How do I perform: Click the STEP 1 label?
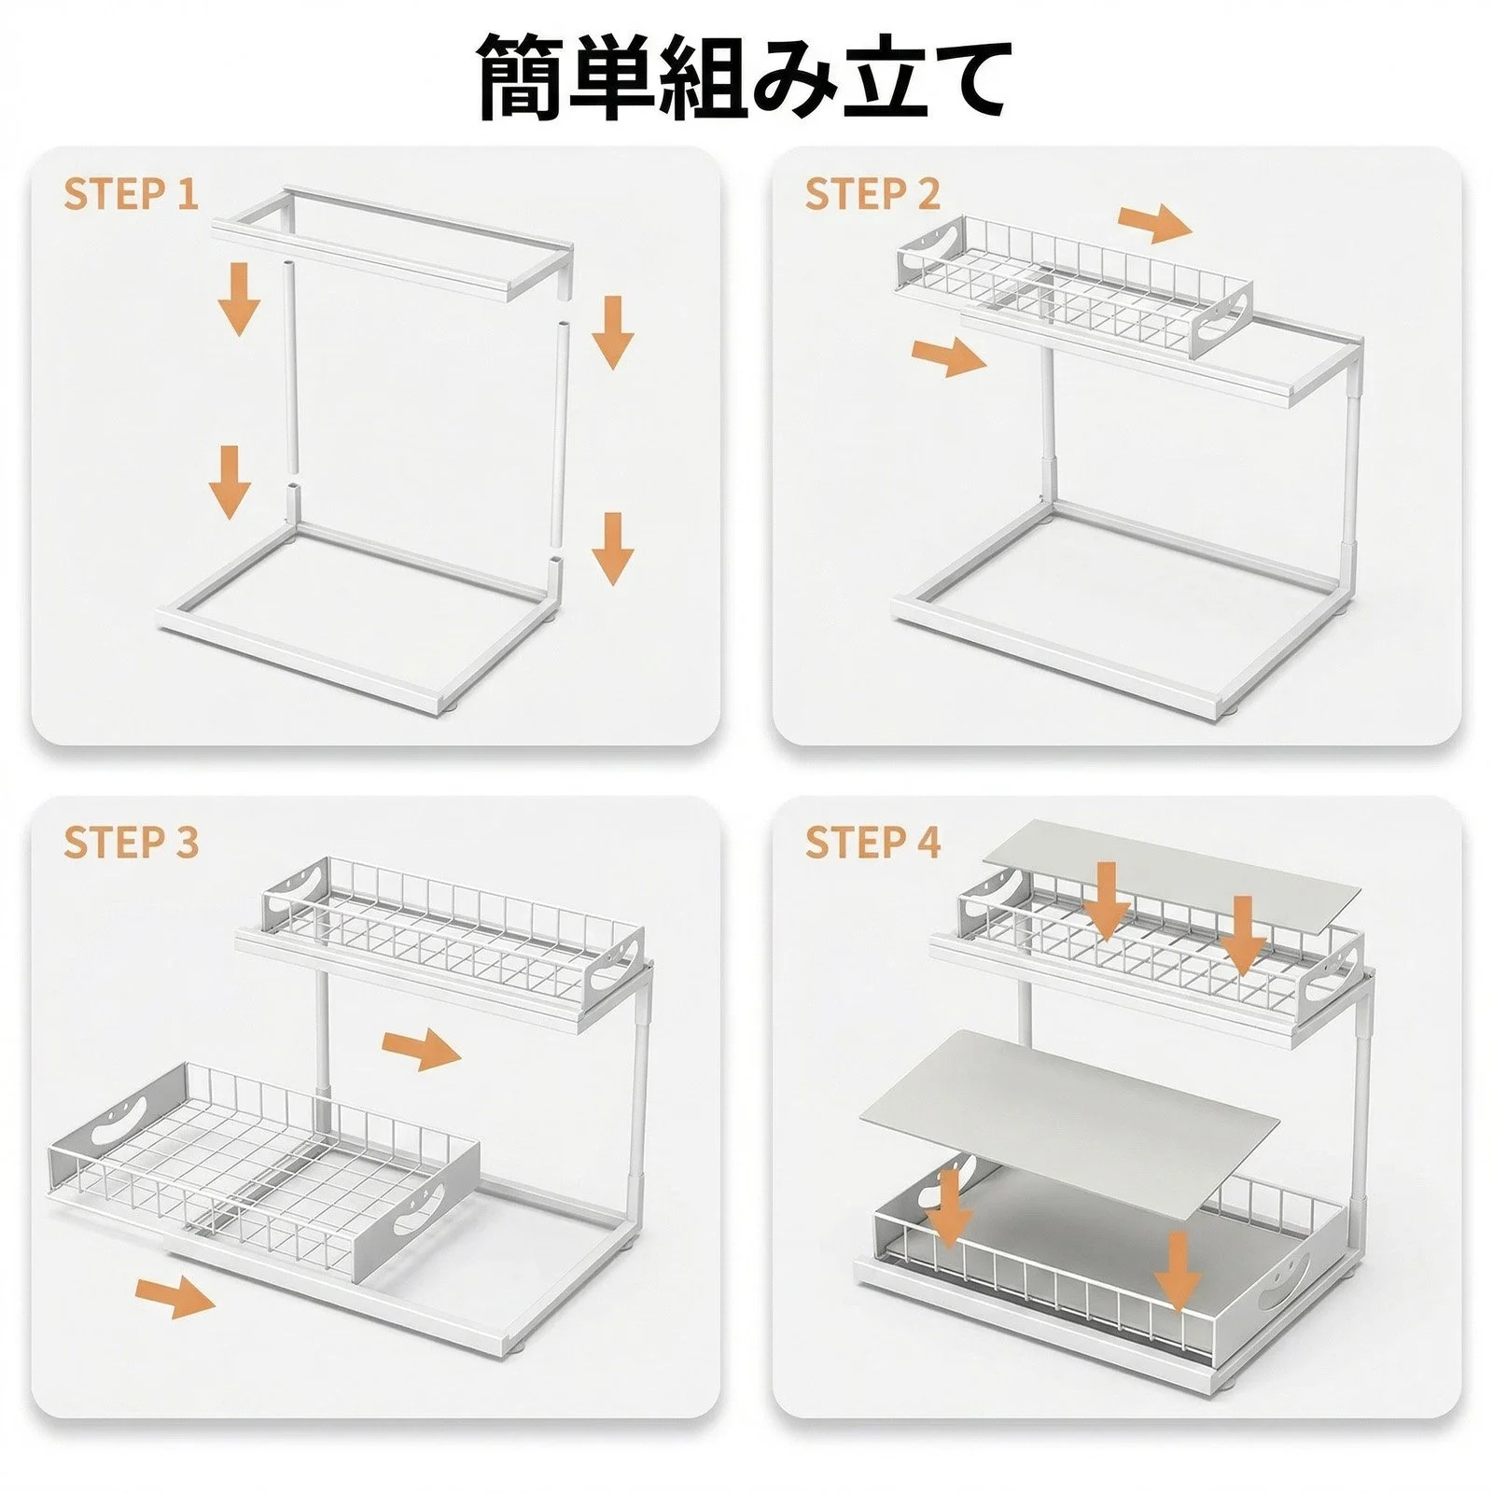point(132,194)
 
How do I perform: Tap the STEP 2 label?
point(872,194)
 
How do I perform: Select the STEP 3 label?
point(132,843)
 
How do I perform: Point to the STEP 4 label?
point(872,843)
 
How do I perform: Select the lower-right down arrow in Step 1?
point(612,549)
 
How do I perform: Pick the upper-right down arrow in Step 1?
point(613,332)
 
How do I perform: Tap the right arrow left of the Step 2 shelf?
point(948,357)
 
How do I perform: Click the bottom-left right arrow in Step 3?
point(175,1298)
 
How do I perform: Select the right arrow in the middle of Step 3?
point(422,1051)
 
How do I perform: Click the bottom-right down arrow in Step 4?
point(1179,1272)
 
